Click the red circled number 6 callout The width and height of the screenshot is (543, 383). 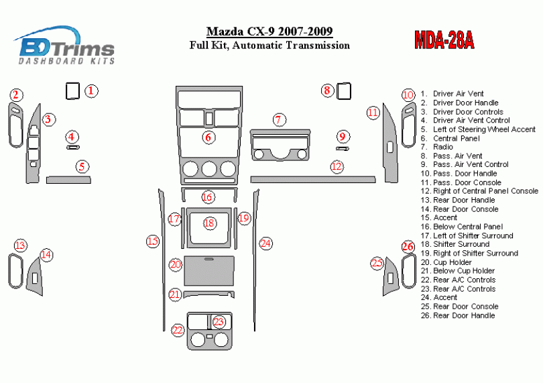click(x=208, y=138)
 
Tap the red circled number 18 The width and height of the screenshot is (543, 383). click(x=209, y=223)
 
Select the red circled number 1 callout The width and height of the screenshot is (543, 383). click(x=92, y=91)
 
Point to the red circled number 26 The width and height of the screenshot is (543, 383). click(x=408, y=247)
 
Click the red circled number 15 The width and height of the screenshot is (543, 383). click(x=153, y=241)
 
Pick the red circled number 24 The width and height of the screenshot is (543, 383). click(x=265, y=243)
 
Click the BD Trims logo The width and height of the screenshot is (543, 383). click(x=66, y=46)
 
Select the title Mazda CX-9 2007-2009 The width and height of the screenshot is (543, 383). click(x=269, y=32)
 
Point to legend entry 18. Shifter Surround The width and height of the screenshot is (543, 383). click(x=461, y=244)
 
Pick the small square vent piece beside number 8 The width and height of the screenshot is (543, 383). click(x=345, y=91)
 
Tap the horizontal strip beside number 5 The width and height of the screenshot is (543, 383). click(x=68, y=179)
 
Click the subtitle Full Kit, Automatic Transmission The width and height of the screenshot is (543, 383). click(x=269, y=46)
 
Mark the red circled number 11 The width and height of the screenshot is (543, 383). click(x=373, y=113)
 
